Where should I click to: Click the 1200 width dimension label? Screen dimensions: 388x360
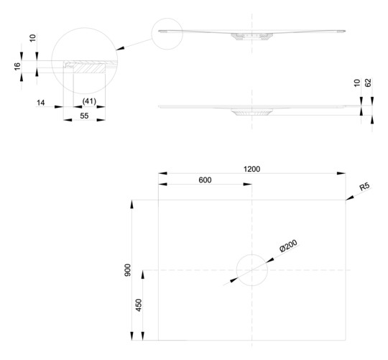(x=251, y=169)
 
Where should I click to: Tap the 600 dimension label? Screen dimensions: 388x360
(x=205, y=180)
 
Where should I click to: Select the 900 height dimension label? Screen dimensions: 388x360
(x=128, y=270)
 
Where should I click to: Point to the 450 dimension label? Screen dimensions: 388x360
(x=139, y=305)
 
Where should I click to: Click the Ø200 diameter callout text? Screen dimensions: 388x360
(x=288, y=246)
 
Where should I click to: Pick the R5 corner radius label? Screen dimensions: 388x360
(x=364, y=186)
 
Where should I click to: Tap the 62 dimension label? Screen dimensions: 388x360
(x=368, y=83)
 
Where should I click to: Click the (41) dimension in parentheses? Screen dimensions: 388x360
(x=89, y=101)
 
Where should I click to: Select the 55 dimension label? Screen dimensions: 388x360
(x=84, y=116)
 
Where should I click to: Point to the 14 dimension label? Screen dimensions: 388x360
(x=40, y=103)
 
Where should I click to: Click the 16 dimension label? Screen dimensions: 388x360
(x=17, y=66)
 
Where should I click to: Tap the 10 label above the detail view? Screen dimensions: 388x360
(x=32, y=38)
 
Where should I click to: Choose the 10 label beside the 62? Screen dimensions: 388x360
(x=357, y=83)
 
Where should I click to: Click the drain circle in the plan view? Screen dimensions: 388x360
(x=252, y=254)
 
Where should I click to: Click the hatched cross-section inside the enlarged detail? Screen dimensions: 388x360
(x=90, y=68)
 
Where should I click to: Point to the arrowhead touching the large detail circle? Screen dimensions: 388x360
(x=120, y=48)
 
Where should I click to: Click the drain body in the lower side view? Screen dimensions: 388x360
(x=251, y=112)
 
